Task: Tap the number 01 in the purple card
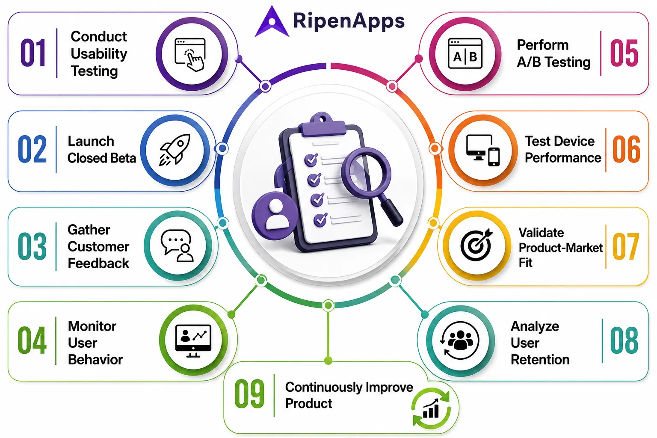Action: click(33, 53)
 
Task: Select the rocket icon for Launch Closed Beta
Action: click(175, 150)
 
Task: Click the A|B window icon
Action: click(465, 53)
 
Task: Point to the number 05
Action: click(624, 53)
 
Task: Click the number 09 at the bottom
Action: click(249, 394)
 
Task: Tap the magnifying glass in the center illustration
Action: click(371, 185)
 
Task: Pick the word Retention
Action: click(540, 359)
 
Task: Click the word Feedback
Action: click(98, 263)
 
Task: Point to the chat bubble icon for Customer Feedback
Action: click(177, 246)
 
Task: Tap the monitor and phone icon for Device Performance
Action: click(483, 150)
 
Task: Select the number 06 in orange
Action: click(626, 149)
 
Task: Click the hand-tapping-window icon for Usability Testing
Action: click(190, 55)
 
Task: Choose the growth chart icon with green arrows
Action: click(431, 408)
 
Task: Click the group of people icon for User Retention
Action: click(460, 341)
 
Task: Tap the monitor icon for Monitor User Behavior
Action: click(193, 341)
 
